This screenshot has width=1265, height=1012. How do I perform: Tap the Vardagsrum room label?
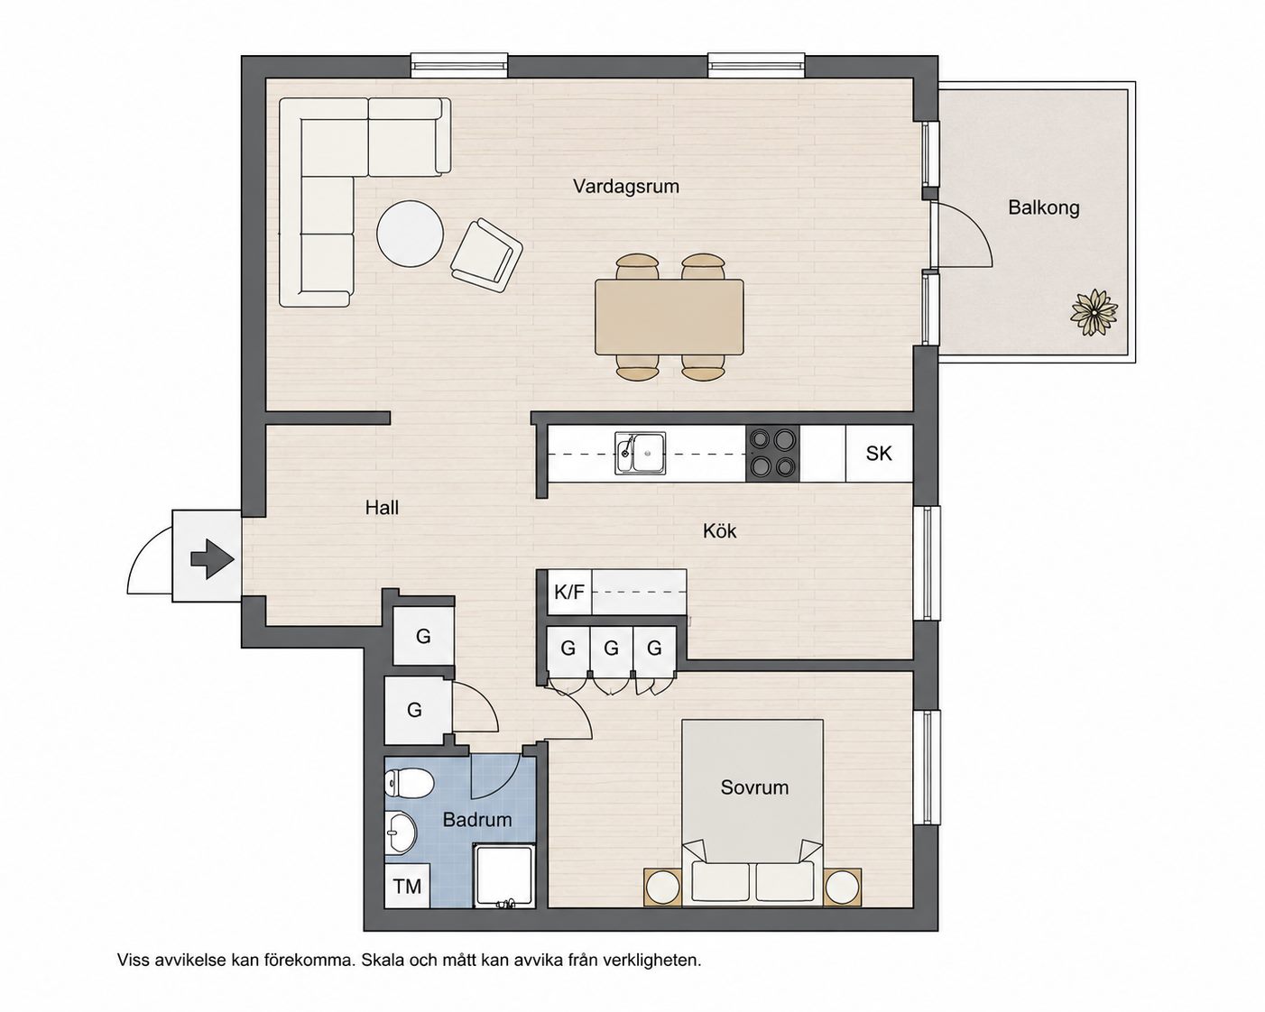pyautogui.click(x=625, y=187)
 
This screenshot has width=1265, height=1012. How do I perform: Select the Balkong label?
pyautogui.click(x=1043, y=207)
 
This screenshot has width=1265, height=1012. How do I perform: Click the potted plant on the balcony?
pyautogui.click(x=1094, y=312)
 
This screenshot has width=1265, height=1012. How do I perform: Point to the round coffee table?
pyautogui.click(x=410, y=235)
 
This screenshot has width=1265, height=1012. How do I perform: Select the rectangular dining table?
pyautogui.click(x=669, y=317)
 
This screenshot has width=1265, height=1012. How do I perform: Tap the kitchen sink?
pyautogui.click(x=640, y=453)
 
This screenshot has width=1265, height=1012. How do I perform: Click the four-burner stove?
pyautogui.click(x=772, y=453)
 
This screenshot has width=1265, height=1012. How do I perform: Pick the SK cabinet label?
pyautogui.click(x=879, y=453)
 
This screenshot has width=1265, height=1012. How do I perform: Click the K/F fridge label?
pyautogui.click(x=569, y=592)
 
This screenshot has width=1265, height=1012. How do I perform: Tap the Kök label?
pyautogui.click(x=719, y=531)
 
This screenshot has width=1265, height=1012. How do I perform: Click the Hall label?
pyautogui.click(x=382, y=507)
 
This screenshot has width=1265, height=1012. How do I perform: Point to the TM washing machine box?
pyautogui.click(x=407, y=886)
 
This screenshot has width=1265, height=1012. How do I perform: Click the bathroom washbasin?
pyautogui.click(x=401, y=833)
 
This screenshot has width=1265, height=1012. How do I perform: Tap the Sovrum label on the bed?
pyautogui.click(x=754, y=787)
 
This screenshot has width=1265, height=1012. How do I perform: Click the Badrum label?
pyautogui.click(x=476, y=819)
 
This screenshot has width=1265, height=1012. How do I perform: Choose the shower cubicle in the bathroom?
pyautogui.click(x=503, y=876)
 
